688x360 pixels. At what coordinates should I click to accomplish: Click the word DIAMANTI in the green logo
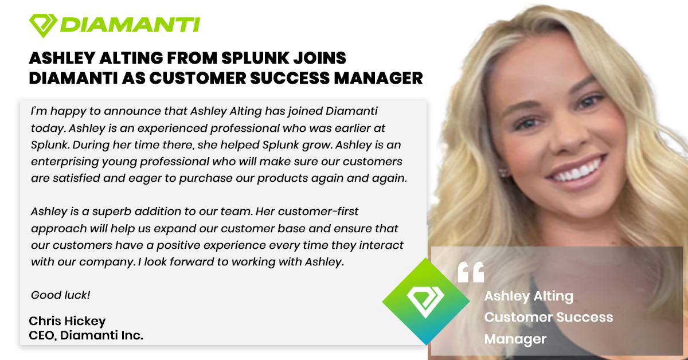[129, 25]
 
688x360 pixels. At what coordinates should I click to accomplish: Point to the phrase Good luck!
[60, 295]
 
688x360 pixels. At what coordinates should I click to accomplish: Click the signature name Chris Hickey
[67, 321]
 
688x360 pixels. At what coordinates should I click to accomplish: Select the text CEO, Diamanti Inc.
[85, 335]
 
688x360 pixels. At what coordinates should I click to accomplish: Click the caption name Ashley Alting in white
[528, 296]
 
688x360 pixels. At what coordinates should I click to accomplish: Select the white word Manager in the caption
[515, 339]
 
